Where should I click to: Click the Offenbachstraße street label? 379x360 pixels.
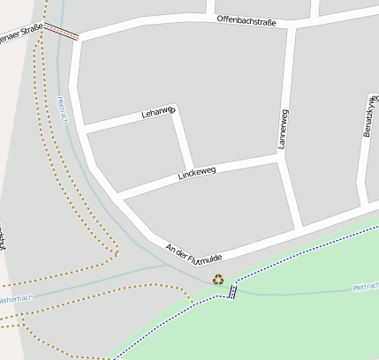(246, 19)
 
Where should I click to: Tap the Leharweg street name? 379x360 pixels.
(159, 112)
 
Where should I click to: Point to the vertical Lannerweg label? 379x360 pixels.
(284, 128)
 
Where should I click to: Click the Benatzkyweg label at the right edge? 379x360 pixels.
(368, 115)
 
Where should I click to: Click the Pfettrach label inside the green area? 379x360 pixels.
(365, 288)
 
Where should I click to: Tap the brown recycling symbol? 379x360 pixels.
(218, 280)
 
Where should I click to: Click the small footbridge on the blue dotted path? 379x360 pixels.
(232, 291)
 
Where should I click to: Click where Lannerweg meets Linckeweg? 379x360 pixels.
(279, 160)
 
